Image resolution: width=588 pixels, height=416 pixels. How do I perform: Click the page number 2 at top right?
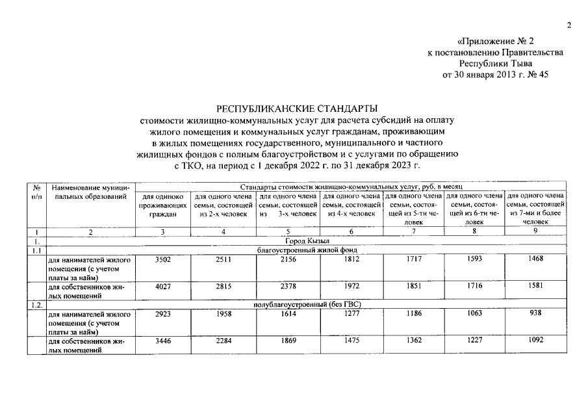569,26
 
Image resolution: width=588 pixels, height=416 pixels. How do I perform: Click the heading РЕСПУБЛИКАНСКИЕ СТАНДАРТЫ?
298,109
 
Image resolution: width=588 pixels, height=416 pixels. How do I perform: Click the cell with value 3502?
162,260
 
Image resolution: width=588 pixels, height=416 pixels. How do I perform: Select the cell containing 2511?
224,260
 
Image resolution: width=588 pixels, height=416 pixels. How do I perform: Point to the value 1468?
535,260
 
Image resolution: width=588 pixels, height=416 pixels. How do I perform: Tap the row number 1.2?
36,305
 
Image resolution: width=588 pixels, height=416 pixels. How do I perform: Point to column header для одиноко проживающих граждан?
162,205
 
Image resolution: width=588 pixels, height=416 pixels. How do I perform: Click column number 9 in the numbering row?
535,231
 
